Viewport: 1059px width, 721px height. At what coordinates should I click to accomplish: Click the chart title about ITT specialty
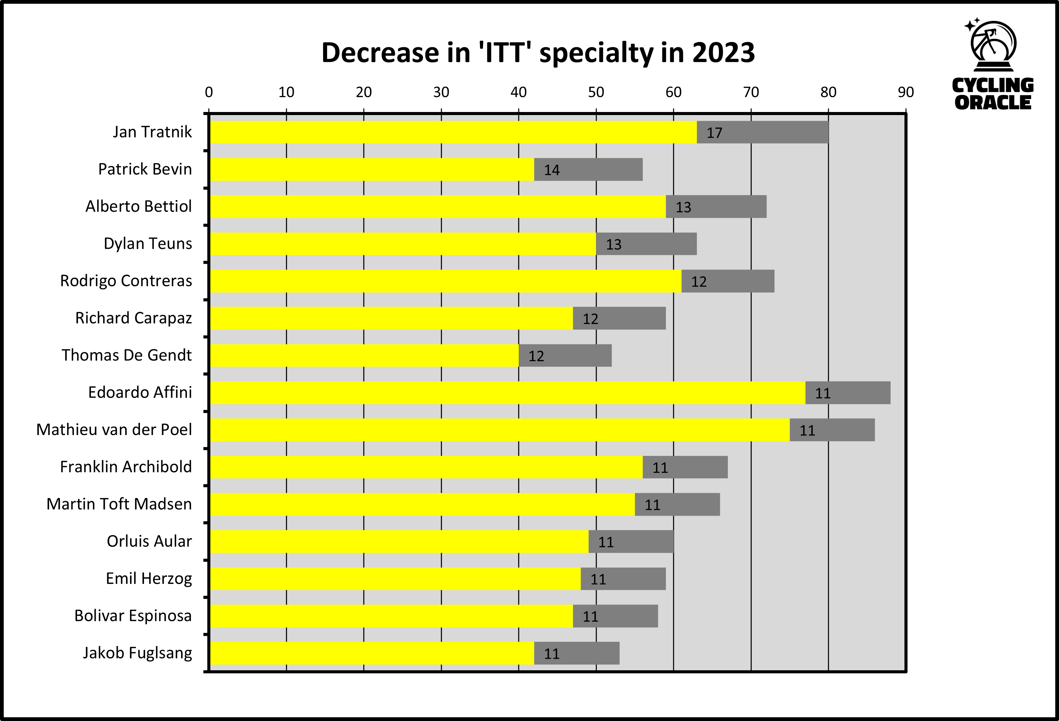point(538,53)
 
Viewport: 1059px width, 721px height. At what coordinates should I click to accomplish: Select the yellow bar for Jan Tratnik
point(453,132)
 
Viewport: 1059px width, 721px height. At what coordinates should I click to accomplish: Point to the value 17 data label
point(714,133)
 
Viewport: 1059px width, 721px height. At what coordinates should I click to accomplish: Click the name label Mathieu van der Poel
point(114,430)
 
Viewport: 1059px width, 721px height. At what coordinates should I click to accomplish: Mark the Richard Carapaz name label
point(133,318)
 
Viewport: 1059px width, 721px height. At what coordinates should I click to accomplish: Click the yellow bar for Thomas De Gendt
point(364,355)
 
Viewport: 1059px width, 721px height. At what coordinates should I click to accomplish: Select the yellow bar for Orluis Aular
point(399,542)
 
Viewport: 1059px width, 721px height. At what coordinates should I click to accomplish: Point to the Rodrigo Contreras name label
point(126,281)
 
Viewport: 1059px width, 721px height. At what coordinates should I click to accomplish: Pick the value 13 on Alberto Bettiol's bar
point(683,207)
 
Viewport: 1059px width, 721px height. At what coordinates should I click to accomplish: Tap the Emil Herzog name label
point(149,579)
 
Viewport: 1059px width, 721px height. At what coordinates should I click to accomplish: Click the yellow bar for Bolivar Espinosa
point(391,616)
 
